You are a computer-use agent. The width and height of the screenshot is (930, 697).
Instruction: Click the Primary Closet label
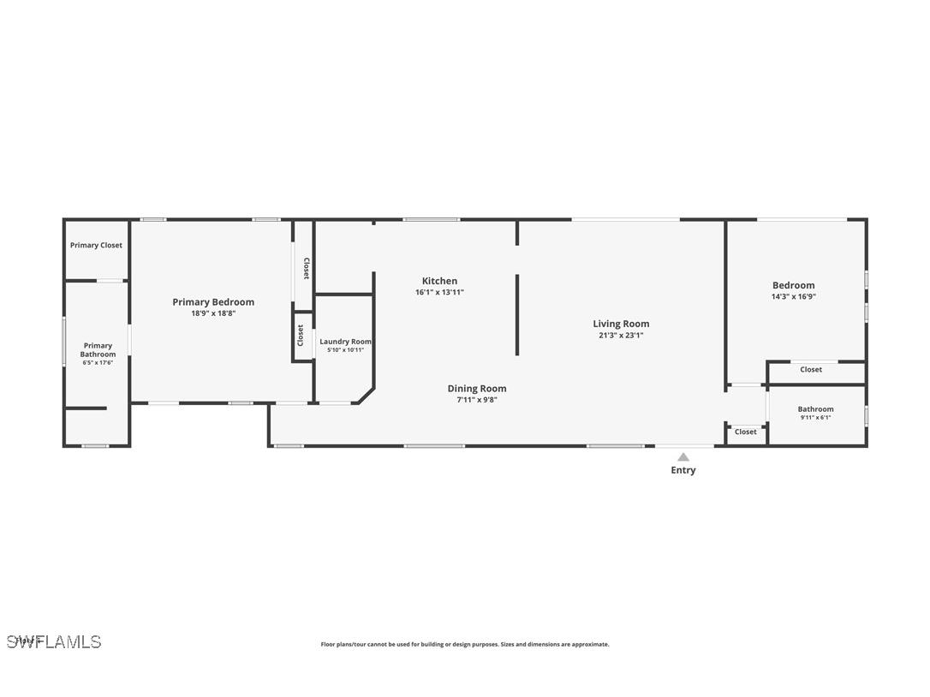[96, 246]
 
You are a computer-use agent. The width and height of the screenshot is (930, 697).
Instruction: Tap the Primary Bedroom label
[213, 302]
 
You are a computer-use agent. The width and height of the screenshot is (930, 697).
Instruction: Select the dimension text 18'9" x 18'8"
[213, 313]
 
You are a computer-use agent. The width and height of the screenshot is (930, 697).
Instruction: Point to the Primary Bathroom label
[98, 350]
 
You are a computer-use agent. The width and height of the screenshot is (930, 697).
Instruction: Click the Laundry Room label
[345, 342]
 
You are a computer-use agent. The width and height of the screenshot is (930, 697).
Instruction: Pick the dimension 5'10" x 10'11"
[345, 350]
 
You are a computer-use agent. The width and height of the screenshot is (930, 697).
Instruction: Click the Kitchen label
[439, 281]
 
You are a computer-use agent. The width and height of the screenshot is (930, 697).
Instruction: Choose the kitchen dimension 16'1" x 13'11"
[439, 292]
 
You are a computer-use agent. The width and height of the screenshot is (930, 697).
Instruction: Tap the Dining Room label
[477, 389]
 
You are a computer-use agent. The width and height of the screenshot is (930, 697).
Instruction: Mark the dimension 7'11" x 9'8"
[477, 400]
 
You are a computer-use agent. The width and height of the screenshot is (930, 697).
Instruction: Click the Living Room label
[621, 324]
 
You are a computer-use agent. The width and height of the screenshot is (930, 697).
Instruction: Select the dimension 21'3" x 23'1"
[621, 336]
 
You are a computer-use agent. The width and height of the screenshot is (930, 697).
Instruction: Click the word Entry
[683, 470]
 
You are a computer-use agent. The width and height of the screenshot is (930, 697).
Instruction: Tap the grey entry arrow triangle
[683, 457]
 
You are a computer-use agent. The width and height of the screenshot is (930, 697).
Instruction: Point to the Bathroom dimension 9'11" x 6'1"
[815, 418]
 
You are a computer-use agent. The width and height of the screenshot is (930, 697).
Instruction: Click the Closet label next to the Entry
[746, 432]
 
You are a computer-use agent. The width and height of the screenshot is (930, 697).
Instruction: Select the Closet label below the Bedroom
[811, 370]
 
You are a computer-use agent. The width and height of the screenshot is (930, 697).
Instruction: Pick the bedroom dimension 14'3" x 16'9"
[793, 297]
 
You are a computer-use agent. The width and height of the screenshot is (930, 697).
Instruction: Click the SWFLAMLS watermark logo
[54, 641]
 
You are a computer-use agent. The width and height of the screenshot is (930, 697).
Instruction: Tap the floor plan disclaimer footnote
[465, 645]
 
